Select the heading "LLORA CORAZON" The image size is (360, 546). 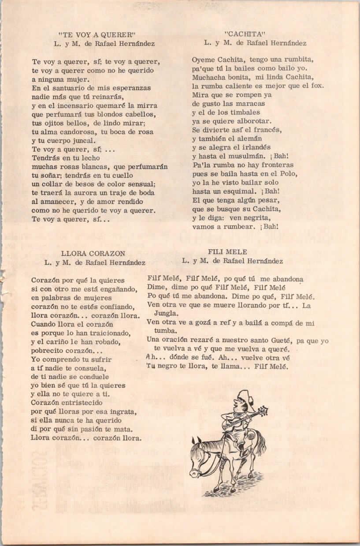[93, 253]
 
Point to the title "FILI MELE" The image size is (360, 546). [227, 252]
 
